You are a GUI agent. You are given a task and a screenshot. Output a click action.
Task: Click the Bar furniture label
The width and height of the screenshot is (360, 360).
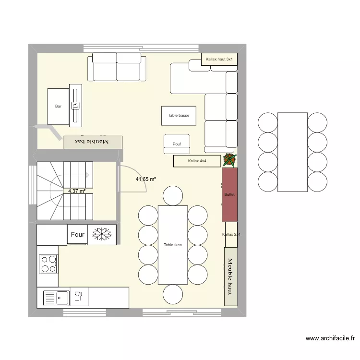58,107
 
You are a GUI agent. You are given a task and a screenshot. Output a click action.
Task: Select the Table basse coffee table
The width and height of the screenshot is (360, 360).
179,116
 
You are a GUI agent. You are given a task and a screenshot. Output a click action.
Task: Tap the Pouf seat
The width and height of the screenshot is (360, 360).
177,144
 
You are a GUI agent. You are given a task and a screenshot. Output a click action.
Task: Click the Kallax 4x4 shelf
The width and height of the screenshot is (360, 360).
197,161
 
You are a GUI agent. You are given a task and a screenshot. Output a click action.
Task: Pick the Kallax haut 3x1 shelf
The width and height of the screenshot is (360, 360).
219,60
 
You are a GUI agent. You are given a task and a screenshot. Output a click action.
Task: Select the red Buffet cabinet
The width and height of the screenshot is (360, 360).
229,194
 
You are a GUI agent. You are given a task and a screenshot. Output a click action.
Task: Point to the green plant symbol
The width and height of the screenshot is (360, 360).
229,160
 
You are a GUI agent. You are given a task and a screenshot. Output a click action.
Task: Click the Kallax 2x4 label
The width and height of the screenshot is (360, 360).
231,234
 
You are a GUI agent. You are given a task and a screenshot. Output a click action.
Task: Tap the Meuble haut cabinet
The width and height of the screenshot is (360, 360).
230,276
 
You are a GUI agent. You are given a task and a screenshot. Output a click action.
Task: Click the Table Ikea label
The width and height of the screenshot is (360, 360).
173,245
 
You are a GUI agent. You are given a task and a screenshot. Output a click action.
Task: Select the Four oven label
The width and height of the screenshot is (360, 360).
77,235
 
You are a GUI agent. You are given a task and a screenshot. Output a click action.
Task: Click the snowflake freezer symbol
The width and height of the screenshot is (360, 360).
102,234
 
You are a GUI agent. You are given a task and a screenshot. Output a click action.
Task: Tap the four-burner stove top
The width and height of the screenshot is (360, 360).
48,264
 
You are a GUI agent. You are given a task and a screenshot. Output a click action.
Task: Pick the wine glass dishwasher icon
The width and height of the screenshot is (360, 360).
77,297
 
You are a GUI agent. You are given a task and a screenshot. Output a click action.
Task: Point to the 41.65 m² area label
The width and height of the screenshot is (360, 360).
146,179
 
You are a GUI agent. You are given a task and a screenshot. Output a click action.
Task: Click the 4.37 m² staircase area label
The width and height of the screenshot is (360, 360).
77,191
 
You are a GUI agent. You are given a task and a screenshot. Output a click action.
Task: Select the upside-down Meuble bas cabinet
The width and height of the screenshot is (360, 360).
93,142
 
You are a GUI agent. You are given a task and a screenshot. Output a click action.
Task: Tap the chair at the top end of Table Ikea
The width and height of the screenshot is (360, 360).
173,196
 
